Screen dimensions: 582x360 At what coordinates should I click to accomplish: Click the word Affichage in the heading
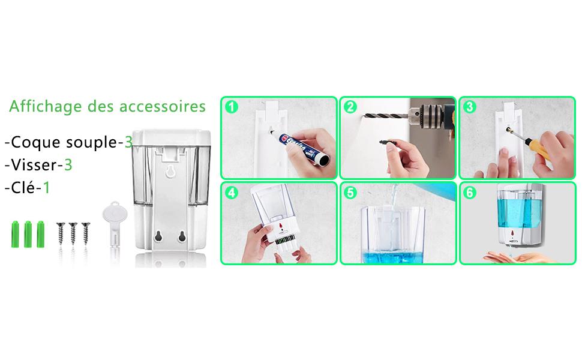tap(45, 107)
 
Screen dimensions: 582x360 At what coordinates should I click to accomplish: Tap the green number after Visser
tap(68, 165)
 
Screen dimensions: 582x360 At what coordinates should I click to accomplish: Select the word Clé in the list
tap(23, 187)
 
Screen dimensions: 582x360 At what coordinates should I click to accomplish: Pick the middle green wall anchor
tap(28, 234)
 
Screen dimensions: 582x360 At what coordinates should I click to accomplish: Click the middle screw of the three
tap(73, 233)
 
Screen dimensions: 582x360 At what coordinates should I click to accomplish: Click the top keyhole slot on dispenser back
tap(170, 171)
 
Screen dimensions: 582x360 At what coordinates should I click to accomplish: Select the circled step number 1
tap(232, 107)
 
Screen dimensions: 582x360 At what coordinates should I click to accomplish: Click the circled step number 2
tap(350, 107)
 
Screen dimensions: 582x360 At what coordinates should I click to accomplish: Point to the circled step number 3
tap(470, 107)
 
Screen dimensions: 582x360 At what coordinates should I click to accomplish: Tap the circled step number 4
tap(232, 193)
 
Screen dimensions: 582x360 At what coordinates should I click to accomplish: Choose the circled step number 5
tap(350, 193)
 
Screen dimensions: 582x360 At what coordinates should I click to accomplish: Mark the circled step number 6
tap(470, 193)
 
